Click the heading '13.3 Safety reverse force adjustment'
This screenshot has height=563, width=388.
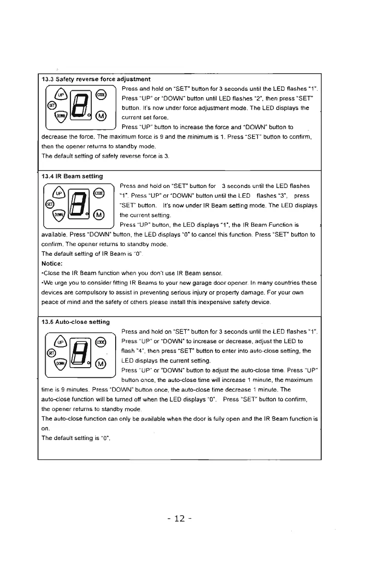click(95, 79)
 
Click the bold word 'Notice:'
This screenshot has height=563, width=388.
click(53, 264)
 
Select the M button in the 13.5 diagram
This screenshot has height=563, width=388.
click(100, 364)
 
